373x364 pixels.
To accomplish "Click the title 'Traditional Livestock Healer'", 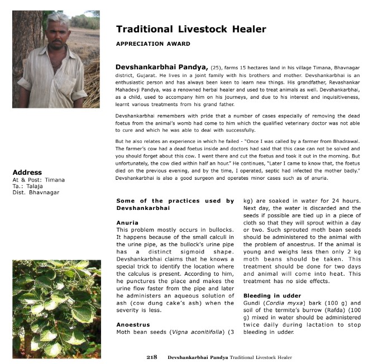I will [191, 29].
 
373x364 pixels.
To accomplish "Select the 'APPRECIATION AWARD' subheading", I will [153, 44].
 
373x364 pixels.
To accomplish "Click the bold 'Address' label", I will [27, 173].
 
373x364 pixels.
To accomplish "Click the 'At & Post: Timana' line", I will [39, 180].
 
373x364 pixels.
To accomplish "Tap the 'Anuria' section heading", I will [127, 223].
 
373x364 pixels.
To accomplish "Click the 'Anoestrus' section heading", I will [133, 324].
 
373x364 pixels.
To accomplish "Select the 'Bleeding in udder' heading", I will [272, 295].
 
